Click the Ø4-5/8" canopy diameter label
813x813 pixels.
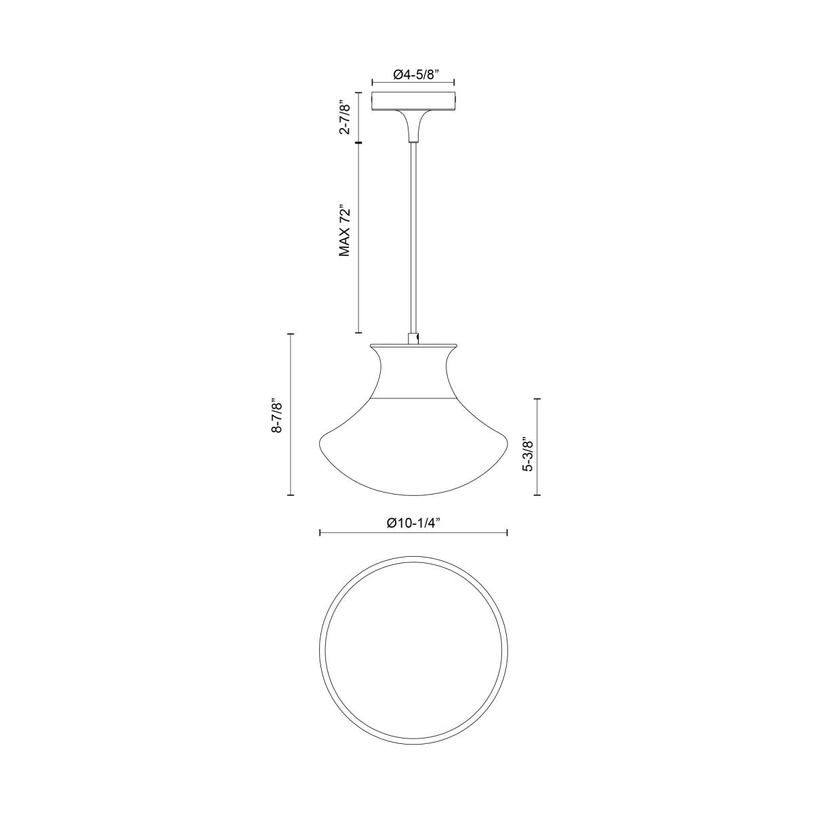tap(413, 74)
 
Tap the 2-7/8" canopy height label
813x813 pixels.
tap(346, 117)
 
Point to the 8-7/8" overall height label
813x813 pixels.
tap(276, 415)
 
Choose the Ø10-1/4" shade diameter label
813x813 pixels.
tap(413, 522)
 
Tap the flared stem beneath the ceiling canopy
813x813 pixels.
tap(413, 126)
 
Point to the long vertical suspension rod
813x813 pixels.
tap(413, 237)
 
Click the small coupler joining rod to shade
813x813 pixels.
tap(413, 338)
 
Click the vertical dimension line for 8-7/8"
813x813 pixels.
tap(291, 415)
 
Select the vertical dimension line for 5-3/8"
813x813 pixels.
tap(538, 447)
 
